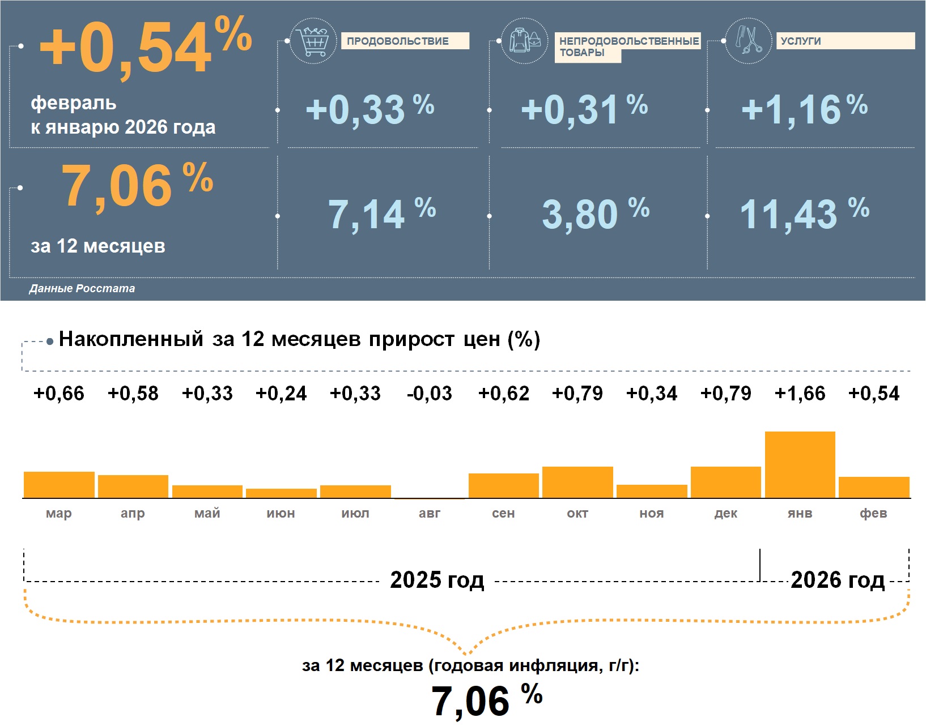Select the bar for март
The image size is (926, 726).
coord(59,485)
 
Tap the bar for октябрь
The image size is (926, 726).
coord(577,482)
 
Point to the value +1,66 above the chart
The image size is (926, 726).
coord(800,394)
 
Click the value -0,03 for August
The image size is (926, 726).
coord(430,394)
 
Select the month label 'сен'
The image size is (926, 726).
coord(503,514)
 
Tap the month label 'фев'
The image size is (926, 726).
coord(873,514)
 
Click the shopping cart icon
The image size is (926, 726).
coord(313,41)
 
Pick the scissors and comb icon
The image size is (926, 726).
coord(749,41)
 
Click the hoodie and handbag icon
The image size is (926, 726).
coord(525,41)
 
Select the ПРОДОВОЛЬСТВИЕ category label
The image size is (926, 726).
coord(398,41)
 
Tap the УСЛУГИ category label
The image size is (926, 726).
coord(801,41)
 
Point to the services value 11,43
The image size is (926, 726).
coord(789,215)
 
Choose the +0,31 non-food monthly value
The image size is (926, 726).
coord(570,109)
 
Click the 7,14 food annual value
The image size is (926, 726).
coord(367,215)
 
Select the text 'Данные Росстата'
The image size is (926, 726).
coord(82,289)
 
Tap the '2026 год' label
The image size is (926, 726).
coord(838,580)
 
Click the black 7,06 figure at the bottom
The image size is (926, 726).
coord(471,701)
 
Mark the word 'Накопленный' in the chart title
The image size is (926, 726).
coord(131,339)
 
